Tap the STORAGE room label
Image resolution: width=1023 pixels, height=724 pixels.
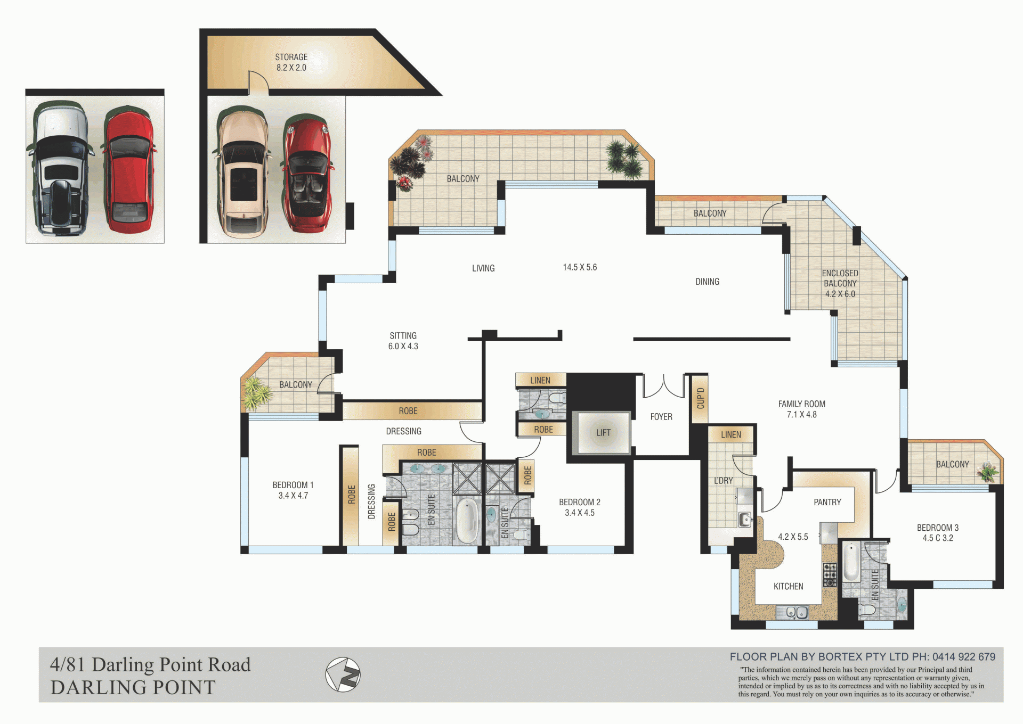[x=291, y=57]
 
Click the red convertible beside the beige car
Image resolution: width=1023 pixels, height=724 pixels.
[x=307, y=174]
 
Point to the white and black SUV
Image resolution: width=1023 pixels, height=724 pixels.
[x=60, y=169]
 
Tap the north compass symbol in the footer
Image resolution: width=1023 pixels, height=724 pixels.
[x=343, y=674]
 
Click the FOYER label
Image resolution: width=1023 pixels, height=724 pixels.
[x=661, y=417]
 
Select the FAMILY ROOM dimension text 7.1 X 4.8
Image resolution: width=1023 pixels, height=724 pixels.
[x=801, y=415]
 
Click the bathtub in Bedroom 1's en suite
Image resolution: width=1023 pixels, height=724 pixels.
[x=467, y=520]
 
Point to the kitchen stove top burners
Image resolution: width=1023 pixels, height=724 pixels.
[x=830, y=574]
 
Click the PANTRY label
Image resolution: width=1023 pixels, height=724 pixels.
[x=827, y=502]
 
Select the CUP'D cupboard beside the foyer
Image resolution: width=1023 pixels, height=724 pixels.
[x=700, y=399]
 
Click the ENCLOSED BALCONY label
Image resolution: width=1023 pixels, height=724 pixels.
[x=840, y=278]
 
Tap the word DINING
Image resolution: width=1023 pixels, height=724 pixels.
[x=707, y=282]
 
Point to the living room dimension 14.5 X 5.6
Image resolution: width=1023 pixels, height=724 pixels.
[x=580, y=267]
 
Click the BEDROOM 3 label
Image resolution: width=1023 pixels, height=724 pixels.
[x=937, y=528]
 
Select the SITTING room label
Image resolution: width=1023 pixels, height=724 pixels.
[x=403, y=336]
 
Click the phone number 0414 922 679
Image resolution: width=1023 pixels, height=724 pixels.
[x=964, y=657]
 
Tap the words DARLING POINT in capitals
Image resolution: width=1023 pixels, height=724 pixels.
[x=133, y=687]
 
